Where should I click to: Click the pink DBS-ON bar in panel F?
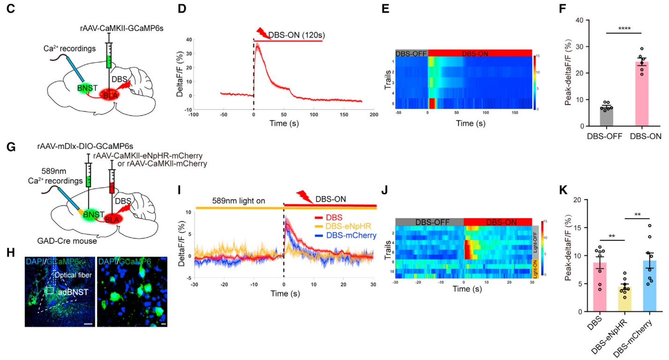639,94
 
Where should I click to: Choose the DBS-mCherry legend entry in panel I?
347,235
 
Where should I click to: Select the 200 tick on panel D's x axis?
373,114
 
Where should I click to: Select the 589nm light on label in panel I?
238,201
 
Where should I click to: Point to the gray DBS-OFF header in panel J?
429,221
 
